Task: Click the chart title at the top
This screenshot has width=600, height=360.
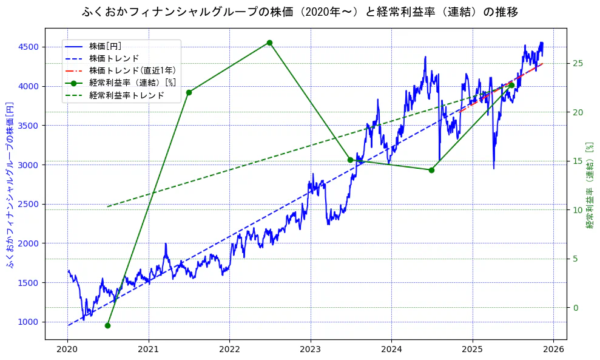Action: pyautogui.click(x=300, y=12)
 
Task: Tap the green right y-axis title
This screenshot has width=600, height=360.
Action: pyautogui.click(x=589, y=185)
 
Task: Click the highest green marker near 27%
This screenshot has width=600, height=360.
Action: pyautogui.click(x=269, y=42)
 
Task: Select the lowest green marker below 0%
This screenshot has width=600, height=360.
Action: pyautogui.click(x=107, y=325)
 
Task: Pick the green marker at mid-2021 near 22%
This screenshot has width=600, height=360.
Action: pyautogui.click(x=189, y=92)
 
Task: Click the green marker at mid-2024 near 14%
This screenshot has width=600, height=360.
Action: pyautogui.click(x=431, y=170)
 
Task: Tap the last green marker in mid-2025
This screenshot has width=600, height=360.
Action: pyautogui.click(x=511, y=85)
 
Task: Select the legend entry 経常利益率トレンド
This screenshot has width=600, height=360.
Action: pyautogui.click(x=126, y=95)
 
